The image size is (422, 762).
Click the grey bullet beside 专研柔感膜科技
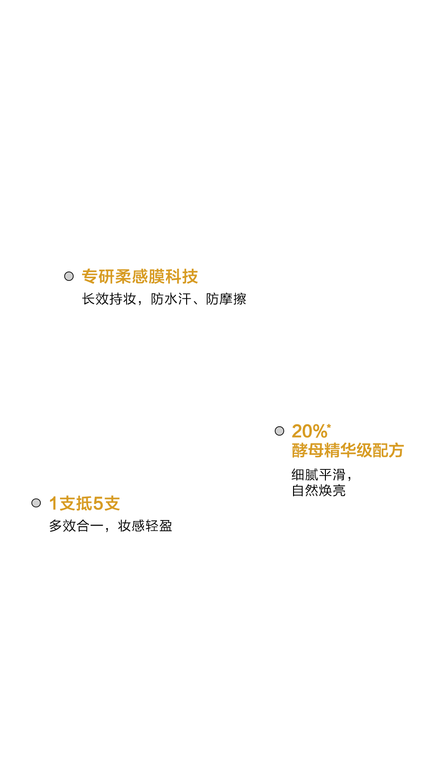(69, 276)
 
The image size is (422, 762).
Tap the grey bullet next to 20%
(279, 431)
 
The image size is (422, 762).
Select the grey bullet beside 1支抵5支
(36, 503)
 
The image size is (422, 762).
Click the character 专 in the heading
(90, 276)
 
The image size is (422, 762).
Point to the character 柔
(123, 276)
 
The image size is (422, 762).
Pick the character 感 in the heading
(140, 276)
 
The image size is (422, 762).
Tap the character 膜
(157, 276)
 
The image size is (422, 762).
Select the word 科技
(181, 276)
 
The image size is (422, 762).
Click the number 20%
(309, 431)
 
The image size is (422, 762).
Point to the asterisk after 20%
(329, 426)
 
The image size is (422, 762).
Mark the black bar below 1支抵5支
(110, 526)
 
